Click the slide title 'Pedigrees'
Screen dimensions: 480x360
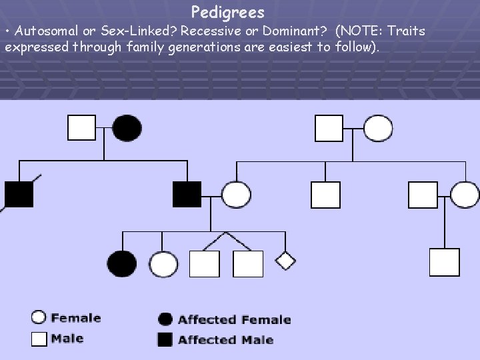(227, 12)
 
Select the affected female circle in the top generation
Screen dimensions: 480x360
(127, 128)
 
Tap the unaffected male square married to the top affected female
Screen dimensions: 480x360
(82, 127)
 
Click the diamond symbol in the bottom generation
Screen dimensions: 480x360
(285, 260)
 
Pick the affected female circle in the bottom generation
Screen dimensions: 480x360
(122, 264)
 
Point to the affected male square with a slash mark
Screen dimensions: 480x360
(19, 194)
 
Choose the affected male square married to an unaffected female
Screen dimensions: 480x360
(187, 194)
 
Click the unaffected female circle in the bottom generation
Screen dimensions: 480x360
(163, 264)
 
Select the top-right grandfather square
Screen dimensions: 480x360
(329, 128)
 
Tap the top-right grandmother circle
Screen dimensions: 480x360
(378, 128)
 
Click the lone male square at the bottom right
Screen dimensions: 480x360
(445, 262)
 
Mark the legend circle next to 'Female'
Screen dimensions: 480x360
(39, 318)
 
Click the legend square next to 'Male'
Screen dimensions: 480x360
(39, 339)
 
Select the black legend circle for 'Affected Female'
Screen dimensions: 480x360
(165, 319)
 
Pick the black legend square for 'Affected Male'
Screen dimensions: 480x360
(165, 339)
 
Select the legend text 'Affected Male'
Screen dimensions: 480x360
(225, 340)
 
